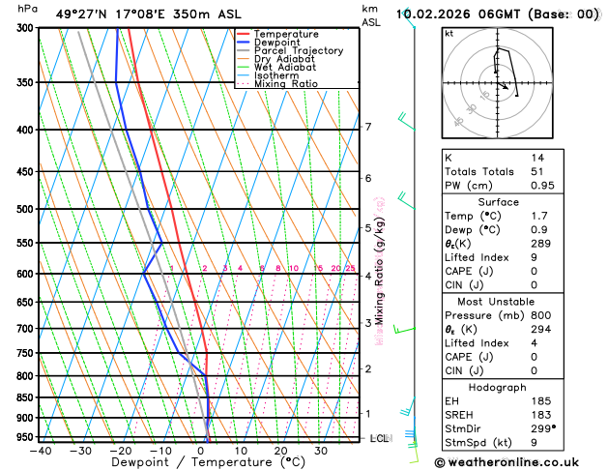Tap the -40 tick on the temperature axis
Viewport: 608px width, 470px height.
pos(41,451)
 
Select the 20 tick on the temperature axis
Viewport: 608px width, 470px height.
pos(280,451)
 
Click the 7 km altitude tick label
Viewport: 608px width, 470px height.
pos(367,127)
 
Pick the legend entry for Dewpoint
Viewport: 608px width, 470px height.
pos(279,43)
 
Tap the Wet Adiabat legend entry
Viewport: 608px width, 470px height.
pos(284,68)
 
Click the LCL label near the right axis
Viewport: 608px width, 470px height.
pos(380,438)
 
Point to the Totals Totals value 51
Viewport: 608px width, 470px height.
pos(536,171)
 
